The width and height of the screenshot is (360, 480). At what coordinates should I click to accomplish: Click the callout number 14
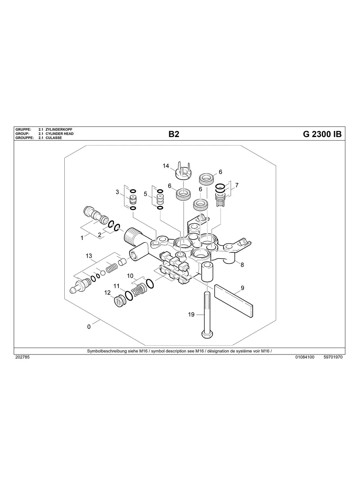pos(166,166)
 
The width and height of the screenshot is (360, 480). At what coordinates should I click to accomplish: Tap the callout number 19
pos(191,315)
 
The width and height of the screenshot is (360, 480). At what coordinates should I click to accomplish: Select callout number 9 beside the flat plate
pos(242,288)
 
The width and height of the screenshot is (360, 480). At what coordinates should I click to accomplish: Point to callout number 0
pos(89,327)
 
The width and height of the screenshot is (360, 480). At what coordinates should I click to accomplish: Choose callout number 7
pos(237,185)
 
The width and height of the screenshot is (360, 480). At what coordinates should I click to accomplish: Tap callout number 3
pos(117,192)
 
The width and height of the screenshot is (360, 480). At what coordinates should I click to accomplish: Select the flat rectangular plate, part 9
pos(234,301)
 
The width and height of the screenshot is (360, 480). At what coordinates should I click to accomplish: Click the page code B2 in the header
pos(174,134)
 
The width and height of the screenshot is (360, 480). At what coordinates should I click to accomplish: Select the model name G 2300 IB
pos(322,134)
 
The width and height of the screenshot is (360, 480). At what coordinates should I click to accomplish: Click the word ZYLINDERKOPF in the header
pos(59,130)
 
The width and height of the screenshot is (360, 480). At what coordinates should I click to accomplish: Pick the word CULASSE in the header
pos(54,138)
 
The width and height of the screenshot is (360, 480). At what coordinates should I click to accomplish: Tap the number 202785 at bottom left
pos(22,357)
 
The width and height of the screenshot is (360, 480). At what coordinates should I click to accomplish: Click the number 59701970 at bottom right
pos(333,357)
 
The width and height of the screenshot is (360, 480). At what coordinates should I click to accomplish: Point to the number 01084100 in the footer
pos(305,357)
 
